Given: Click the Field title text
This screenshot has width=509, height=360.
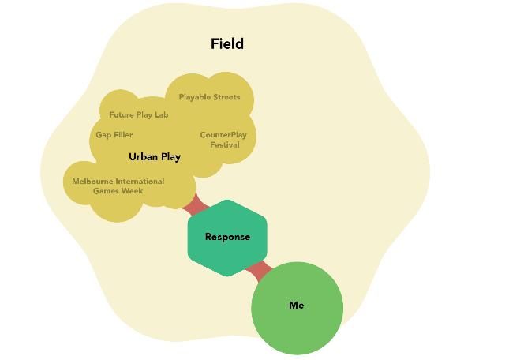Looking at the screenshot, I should (x=227, y=44).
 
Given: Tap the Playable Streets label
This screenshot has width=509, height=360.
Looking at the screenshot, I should (x=209, y=98).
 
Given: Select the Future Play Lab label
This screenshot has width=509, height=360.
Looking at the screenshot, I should (x=138, y=115).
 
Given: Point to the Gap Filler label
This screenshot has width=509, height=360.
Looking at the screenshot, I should (x=114, y=135).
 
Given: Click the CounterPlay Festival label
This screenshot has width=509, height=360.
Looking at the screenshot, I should (x=223, y=140).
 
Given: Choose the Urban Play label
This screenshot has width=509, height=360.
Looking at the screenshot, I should (x=155, y=157).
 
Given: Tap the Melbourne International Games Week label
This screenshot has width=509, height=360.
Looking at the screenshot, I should (x=118, y=186).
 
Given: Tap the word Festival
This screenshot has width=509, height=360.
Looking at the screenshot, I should (x=225, y=145).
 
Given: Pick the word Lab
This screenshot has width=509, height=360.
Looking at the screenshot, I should (x=161, y=115).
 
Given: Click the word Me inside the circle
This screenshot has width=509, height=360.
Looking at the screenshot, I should (x=297, y=306).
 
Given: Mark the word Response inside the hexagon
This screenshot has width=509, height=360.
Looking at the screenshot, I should (x=227, y=237).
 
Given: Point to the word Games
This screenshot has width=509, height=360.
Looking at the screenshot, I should (x=106, y=191).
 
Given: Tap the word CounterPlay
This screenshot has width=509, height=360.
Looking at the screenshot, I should (x=223, y=135).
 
